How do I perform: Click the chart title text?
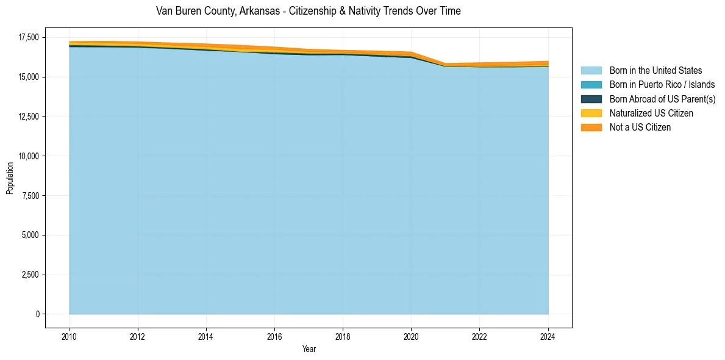pos(308,11)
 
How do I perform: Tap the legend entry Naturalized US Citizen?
pos(651,113)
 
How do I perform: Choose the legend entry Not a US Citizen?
pos(640,128)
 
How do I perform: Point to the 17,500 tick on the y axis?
pos(28,38)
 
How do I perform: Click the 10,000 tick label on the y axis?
pos(28,156)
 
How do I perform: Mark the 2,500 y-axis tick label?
pos(30,275)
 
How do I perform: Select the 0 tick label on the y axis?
pos(37,314)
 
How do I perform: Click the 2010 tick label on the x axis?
pos(70,336)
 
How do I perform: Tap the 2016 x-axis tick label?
pos(274,336)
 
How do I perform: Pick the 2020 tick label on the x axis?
pos(412,336)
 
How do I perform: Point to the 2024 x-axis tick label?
pos(548,336)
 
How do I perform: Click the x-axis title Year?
pos(309,349)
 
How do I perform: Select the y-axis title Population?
pos(10,178)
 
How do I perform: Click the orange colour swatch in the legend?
pos(591,128)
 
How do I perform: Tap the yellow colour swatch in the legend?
pos(591,113)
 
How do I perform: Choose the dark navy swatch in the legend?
pos(591,99)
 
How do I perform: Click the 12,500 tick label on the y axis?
pos(28,117)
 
